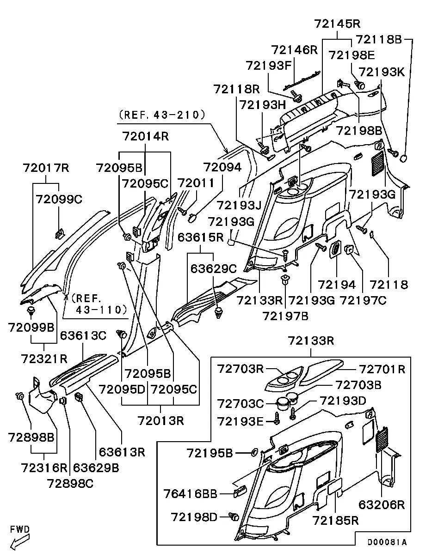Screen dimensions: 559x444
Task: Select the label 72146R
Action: point(294,50)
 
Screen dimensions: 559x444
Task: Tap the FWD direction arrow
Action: point(20,541)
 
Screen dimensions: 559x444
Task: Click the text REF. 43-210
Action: point(162,114)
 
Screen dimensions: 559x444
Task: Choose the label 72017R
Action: point(46,168)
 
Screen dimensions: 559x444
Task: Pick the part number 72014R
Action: point(145,136)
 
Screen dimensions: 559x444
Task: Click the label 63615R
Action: point(201,238)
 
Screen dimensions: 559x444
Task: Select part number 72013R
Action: point(160,420)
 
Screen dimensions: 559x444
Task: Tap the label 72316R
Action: point(44,467)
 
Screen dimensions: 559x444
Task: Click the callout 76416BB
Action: point(190,494)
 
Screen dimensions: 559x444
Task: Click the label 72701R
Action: point(382,369)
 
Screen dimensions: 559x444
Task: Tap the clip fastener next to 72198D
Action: point(234,516)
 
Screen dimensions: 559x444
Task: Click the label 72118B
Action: point(379,40)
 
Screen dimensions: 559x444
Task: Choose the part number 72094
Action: point(222,168)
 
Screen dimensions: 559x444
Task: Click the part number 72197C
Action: point(363,301)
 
